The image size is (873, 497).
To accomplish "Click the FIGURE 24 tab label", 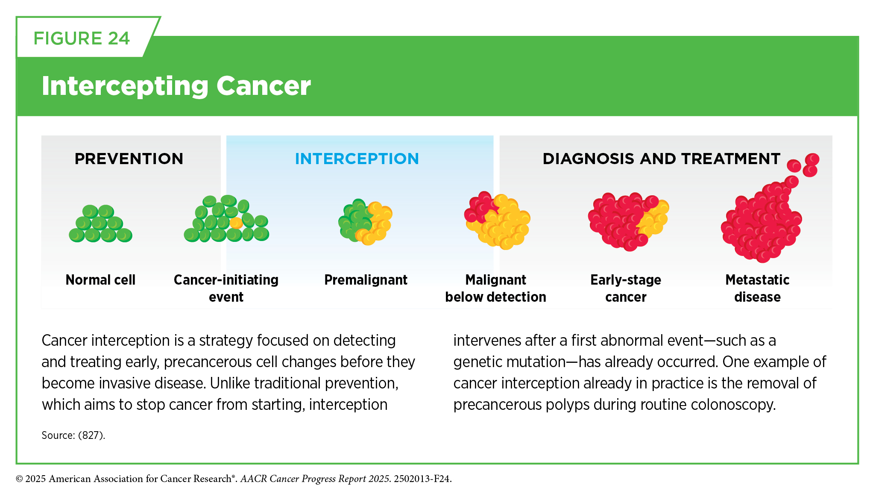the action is (82, 38).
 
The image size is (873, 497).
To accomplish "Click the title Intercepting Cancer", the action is (176, 86).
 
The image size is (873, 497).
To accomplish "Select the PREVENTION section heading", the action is (129, 159).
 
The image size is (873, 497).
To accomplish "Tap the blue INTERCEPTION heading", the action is (357, 159).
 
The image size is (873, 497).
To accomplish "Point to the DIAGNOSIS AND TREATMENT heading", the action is (662, 159).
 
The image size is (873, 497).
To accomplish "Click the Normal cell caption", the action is (100, 279).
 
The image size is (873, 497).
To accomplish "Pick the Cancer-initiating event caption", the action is (226, 288).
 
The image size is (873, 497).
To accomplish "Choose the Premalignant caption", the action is (366, 279).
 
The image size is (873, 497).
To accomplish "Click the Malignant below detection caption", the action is (495, 288).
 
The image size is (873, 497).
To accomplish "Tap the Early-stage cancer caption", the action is (626, 288).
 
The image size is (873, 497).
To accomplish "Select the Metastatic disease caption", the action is (757, 288).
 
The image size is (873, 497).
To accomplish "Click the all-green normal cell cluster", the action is (100, 224).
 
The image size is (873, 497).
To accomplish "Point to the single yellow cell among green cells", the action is (236, 223).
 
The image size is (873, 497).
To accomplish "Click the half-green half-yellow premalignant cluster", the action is (365, 222).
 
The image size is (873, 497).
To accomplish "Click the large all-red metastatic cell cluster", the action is (765, 214).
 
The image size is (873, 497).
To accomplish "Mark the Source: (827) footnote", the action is (73, 435).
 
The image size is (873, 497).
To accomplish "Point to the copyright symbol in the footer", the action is (19, 479).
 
